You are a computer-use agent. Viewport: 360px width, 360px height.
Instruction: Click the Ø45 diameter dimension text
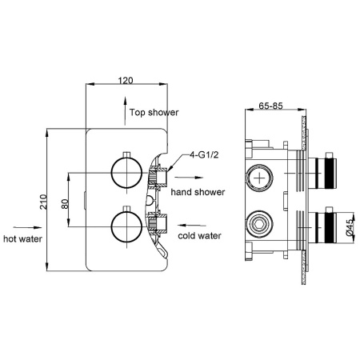(x=349, y=229)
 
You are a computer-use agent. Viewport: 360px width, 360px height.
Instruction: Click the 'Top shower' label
(x=154, y=113)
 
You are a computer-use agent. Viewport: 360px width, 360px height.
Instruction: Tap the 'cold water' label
(x=199, y=236)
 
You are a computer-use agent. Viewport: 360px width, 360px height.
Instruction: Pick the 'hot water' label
(x=22, y=238)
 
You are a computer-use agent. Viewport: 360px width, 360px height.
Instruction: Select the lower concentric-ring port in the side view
(x=260, y=220)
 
